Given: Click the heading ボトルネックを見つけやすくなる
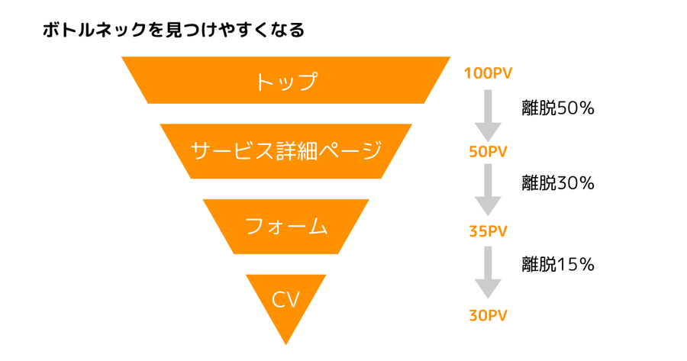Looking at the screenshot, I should [173, 31].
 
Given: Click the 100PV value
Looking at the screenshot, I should [487, 73].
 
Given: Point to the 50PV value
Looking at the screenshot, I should [488, 151].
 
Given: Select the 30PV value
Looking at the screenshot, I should [488, 314].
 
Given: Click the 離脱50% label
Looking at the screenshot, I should [558, 108].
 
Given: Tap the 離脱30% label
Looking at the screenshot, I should [558, 183].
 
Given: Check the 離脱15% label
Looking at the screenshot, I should [558, 265].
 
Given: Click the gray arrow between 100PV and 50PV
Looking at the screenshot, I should [488, 111].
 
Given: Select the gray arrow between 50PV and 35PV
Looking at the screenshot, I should [488, 190].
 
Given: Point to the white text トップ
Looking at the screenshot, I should [286, 81].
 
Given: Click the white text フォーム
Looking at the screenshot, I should [286, 226].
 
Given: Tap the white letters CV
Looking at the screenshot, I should [286, 298].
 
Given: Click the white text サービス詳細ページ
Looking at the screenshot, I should [286, 150].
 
